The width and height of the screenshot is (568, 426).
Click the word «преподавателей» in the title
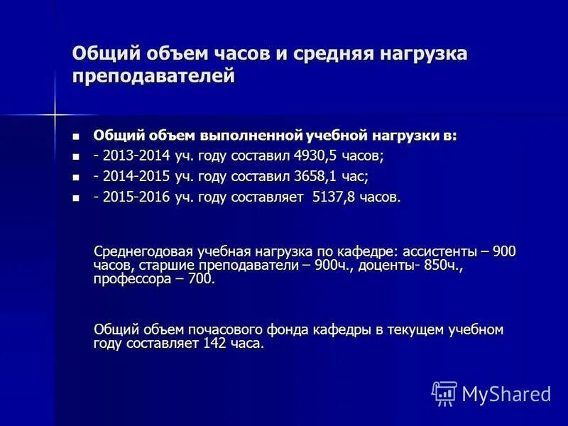[x=153, y=76]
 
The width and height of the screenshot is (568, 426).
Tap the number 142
[x=215, y=344]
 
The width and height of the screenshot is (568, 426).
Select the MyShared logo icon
[x=444, y=393]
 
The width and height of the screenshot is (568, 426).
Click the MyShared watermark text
[x=506, y=393]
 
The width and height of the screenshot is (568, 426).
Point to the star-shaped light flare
[x=55, y=113]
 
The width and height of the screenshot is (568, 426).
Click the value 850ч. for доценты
[x=443, y=265]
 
